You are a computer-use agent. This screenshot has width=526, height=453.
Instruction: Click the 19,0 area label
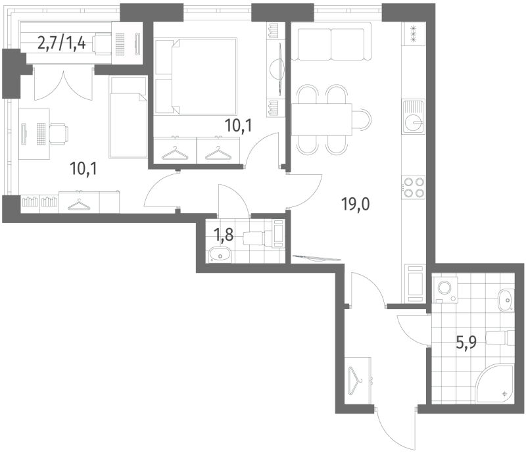point(355,204)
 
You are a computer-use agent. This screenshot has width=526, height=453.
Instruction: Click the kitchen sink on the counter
point(413,120)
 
